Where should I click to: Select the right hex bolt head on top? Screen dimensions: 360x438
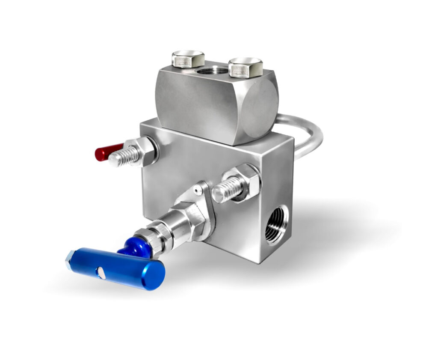pos(245,67)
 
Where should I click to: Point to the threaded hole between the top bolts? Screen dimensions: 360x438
pos(212,69)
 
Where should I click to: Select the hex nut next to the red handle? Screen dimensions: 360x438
pos(145,151)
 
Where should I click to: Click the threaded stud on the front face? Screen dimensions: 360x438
pos(226,189)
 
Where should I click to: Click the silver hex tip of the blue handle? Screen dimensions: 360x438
pos(69,259)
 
